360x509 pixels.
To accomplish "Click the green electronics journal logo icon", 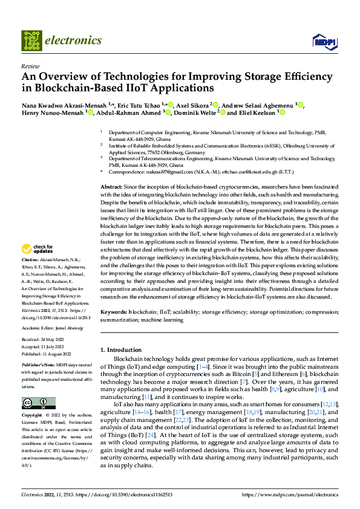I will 32,41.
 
